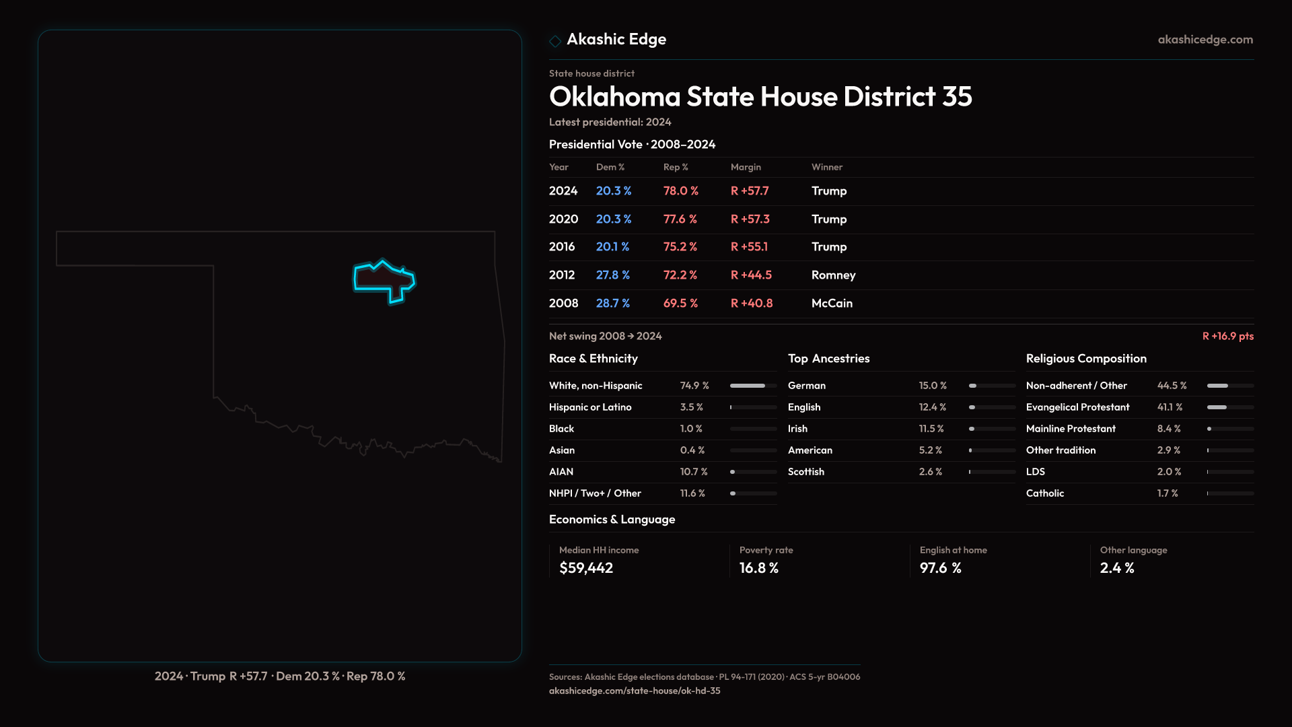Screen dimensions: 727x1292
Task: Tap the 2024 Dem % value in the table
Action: click(x=613, y=191)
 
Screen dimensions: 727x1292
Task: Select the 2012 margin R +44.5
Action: click(x=751, y=275)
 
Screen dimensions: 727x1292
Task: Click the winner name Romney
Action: click(x=833, y=275)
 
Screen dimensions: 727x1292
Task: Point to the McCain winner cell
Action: click(x=832, y=304)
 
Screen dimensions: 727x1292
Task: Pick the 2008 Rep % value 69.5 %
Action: click(x=680, y=304)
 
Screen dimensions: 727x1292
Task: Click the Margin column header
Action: click(x=746, y=167)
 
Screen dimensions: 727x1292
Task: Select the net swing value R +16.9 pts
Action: click(x=1227, y=336)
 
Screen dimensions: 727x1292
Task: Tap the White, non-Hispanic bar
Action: click(x=753, y=386)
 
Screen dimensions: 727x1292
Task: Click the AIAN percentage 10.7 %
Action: click(x=693, y=472)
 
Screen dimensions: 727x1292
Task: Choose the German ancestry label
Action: click(x=806, y=386)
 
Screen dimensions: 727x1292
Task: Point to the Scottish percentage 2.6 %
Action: click(x=930, y=472)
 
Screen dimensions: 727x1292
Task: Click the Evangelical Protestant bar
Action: click(x=1229, y=407)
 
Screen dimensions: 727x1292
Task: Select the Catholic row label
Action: click(x=1044, y=493)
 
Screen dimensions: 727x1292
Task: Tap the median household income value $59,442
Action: click(x=585, y=568)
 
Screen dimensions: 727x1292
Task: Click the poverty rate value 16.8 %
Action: click(x=758, y=568)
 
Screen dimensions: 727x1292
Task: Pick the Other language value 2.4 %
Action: click(x=1116, y=568)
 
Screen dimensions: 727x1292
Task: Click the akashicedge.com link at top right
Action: click(x=1205, y=40)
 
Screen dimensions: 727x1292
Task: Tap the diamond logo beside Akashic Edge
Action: click(x=555, y=41)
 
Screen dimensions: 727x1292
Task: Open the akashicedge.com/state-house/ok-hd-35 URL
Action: click(x=634, y=691)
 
